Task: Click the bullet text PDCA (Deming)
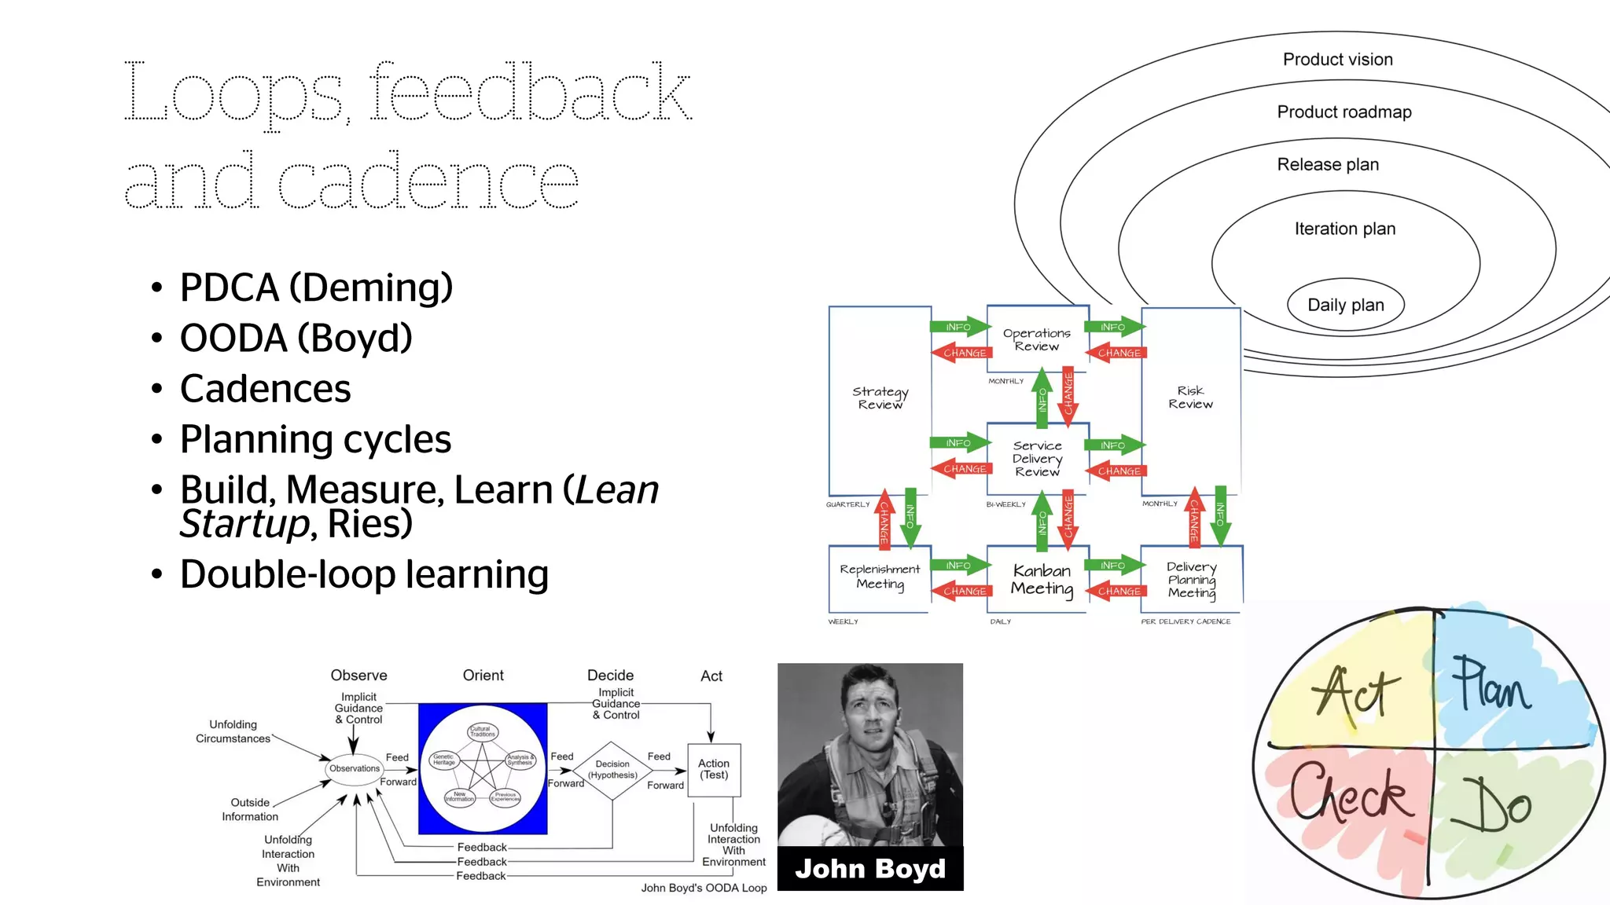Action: point(316,288)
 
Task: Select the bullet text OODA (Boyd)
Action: point(296,339)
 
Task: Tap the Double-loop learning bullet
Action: point(363,574)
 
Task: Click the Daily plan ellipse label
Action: point(1345,305)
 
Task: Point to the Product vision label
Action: point(1337,60)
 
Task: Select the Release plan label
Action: point(1328,165)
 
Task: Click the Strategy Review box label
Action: point(880,398)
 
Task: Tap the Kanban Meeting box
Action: point(1041,579)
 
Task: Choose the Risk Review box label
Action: point(1190,397)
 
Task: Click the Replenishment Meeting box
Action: point(879,576)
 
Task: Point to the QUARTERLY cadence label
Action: point(847,504)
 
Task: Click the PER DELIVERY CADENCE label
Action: point(1185,621)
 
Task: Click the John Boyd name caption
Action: point(869,869)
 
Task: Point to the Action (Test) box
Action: point(713,769)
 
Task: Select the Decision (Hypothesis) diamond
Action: point(612,770)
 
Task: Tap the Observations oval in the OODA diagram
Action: point(354,768)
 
